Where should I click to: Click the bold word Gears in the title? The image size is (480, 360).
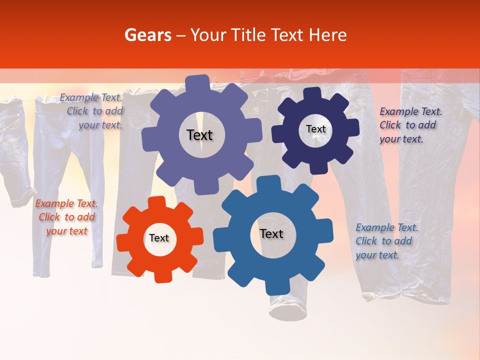[x=147, y=35]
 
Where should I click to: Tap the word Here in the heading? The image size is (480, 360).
[x=327, y=35]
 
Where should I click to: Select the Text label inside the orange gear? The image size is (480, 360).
[x=159, y=238]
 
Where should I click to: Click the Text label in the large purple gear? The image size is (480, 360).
[x=199, y=135]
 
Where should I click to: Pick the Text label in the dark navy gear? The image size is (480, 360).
[x=315, y=129]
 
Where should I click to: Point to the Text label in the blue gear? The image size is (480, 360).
[x=271, y=234]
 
